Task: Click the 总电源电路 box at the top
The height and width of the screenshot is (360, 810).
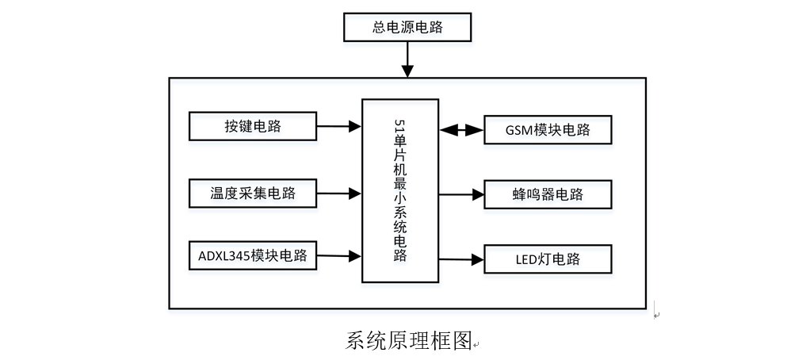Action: pos(407,28)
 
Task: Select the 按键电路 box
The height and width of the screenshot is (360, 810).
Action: pos(253,126)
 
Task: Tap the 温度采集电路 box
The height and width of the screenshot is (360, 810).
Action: pos(253,192)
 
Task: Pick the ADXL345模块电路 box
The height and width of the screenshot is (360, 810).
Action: pos(253,256)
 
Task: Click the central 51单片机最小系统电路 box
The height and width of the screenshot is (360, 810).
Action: pos(400,190)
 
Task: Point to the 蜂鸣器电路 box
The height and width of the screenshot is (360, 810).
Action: pos(548,194)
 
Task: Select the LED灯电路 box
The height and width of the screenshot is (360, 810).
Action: pos(548,259)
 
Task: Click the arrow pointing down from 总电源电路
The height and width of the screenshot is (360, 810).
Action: pos(407,59)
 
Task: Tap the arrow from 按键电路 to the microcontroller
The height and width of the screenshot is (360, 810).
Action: pos(339,125)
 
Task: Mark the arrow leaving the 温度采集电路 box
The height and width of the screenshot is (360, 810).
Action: pos(339,192)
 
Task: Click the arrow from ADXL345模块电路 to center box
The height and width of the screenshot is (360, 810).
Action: pos(339,255)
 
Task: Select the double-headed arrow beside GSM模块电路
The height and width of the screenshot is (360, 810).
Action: pos(461,129)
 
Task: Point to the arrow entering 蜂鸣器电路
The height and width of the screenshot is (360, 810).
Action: pos(461,194)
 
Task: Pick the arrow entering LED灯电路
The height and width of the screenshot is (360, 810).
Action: pos(461,259)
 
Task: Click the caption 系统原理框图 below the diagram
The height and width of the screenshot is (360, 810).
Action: pos(409,340)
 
